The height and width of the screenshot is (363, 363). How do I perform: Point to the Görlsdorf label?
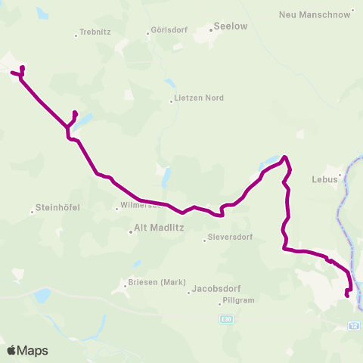pyautogui.click(x=166, y=33)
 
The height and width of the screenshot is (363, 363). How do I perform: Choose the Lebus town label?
pyautogui.click(x=324, y=181)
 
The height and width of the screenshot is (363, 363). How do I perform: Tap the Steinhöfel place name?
pyautogui.click(x=57, y=207)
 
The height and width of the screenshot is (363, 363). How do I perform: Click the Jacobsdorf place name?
pyautogui.click(x=216, y=289)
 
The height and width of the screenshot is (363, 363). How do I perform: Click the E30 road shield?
pyautogui.click(x=226, y=320)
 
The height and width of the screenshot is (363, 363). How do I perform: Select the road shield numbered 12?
pyautogui.click(x=354, y=326)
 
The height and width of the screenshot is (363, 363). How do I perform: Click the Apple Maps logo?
pyautogui.click(x=28, y=350)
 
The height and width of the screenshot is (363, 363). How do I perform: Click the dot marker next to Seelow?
pyautogui.click(x=210, y=31)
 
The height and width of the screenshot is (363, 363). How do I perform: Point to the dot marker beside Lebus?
pyautogui.click(x=340, y=175)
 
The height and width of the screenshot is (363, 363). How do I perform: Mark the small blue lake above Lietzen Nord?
pyautogui.click(x=169, y=82)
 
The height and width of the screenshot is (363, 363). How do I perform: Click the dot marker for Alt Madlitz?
pyautogui.click(x=130, y=232)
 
